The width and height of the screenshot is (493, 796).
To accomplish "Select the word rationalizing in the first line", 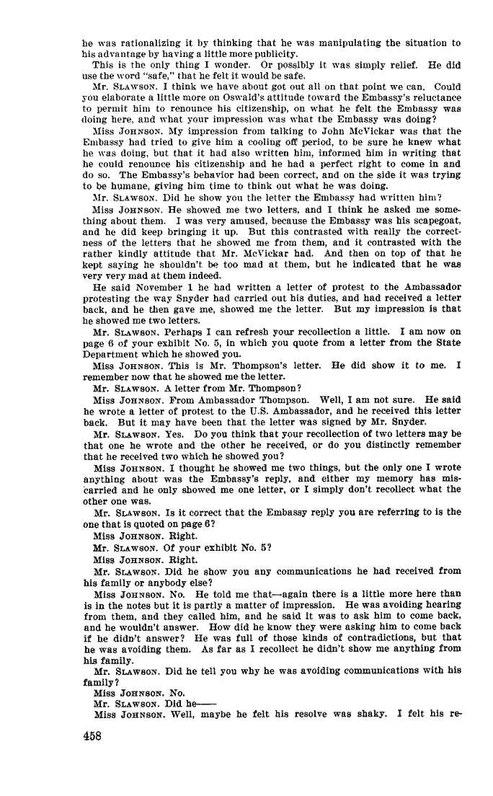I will tap(143, 43).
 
